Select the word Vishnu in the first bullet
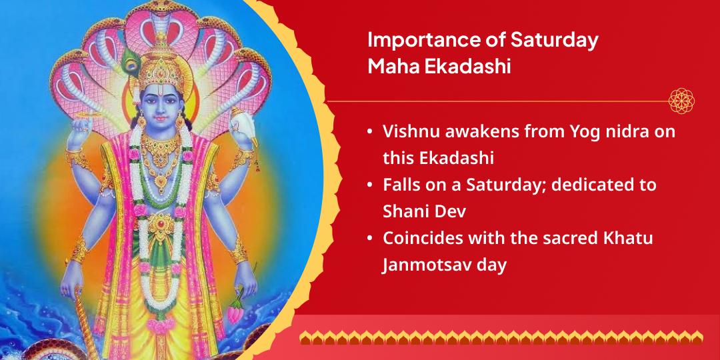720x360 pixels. (409, 131)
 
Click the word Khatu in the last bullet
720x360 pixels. (627, 239)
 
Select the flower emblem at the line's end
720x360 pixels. (682, 101)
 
